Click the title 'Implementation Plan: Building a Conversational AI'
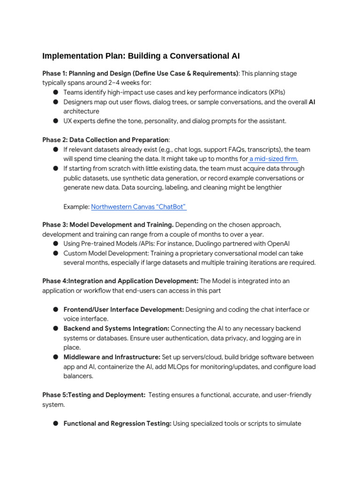[141, 56]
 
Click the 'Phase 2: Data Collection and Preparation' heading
[105, 140]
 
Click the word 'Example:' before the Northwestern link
[76, 207]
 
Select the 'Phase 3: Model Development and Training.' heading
[108, 225]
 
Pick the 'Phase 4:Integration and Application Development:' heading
[120, 281]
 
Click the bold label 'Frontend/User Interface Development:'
[124, 310]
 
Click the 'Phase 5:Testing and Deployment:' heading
[94, 395]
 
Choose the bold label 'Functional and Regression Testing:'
[117, 424]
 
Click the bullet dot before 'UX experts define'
[55, 121]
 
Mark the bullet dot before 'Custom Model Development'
[55, 253]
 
